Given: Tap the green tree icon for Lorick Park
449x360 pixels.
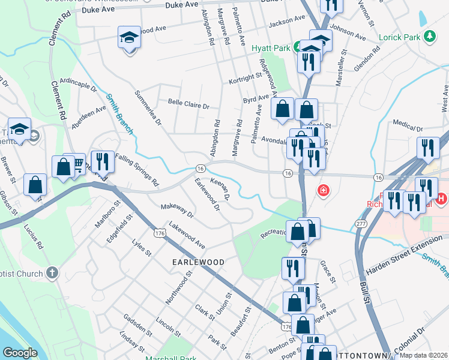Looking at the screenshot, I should tap(429, 37).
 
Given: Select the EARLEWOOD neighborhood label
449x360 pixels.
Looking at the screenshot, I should tap(199, 262).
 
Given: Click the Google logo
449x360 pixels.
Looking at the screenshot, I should tap(20, 352).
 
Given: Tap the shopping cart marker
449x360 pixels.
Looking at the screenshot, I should tap(77, 164).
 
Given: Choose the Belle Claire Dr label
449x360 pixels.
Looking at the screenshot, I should tap(188, 105).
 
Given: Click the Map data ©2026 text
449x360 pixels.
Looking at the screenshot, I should tap(423, 355).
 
